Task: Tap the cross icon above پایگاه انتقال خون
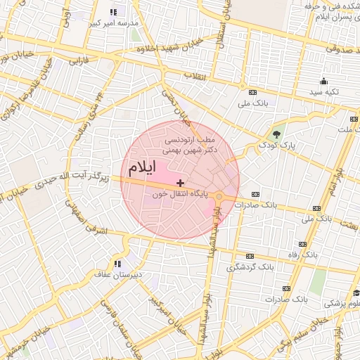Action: (x=181, y=182)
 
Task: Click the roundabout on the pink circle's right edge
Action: (x=219, y=196)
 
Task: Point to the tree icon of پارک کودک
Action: (x=276, y=134)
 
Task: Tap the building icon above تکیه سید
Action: (x=323, y=81)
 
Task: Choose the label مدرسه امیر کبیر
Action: (x=113, y=22)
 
